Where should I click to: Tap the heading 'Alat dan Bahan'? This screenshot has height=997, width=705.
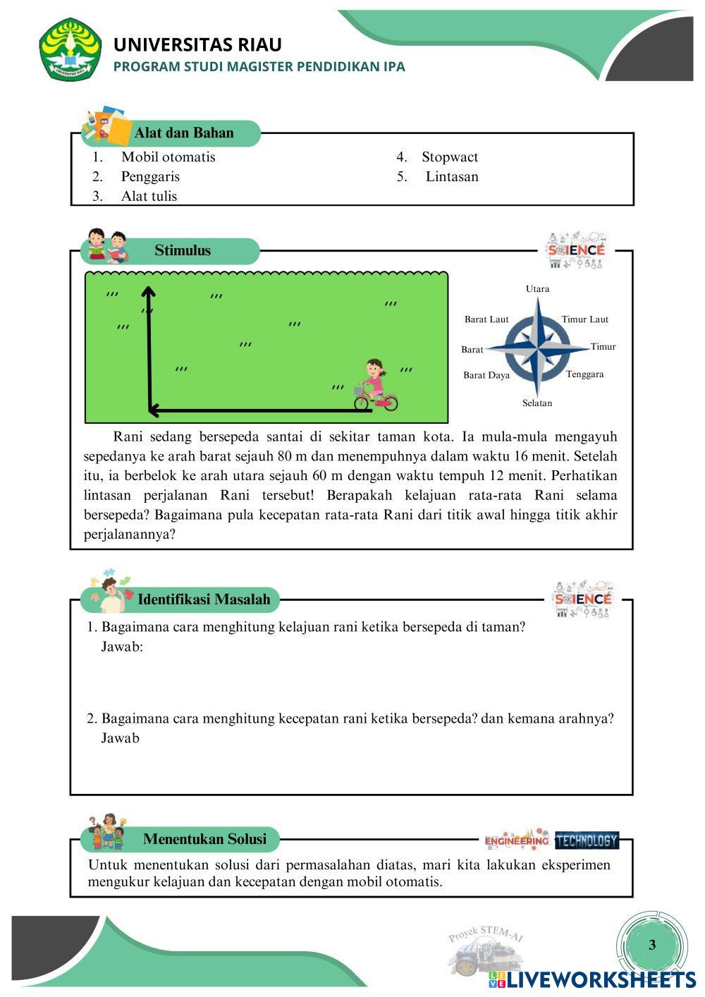pyautogui.click(x=183, y=133)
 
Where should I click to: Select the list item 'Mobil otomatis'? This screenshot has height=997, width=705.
pyautogui.click(x=168, y=157)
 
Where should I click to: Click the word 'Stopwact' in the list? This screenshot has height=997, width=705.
pyautogui.click(x=450, y=157)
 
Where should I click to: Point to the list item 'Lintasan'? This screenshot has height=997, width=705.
pyautogui.click(x=452, y=176)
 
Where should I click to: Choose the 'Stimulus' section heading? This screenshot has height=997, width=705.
pyautogui.click(x=183, y=250)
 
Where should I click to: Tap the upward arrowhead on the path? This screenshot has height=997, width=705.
pyautogui.click(x=148, y=291)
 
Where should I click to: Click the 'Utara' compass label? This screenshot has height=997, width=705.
pyautogui.click(x=537, y=288)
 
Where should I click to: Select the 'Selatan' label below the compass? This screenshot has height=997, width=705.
pyautogui.click(x=537, y=403)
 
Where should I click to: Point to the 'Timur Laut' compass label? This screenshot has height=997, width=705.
pyautogui.click(x=584, y=319)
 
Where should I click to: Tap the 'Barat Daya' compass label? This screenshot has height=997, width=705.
pyautogui.click(x=486, y=375)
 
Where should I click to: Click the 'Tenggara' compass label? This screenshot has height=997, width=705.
pyautogui.click(x=584, y=374)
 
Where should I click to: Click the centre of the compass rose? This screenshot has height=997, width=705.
pyautogui.click(x=538, y=347)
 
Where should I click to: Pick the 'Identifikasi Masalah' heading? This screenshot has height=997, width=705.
pyautogui.click(x=204, y=599)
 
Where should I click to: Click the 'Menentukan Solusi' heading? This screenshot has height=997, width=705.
pyautogui.click(x=204, y=838)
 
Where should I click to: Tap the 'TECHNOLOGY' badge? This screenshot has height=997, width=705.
pyautogui.click(x=587, y=840)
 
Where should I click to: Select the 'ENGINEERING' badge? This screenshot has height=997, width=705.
pyautogui.click(x=517, y=840)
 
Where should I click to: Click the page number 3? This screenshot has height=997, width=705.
pyautogui.click(x=651, y=945)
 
